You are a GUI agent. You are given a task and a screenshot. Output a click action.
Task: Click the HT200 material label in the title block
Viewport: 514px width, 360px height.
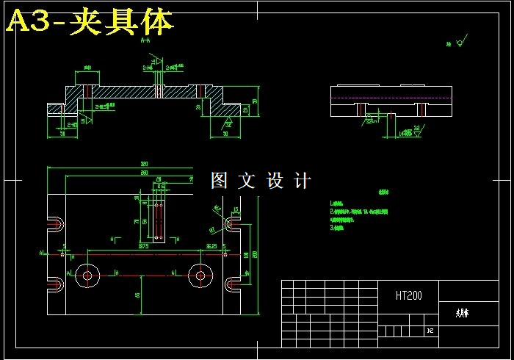coord(408,296)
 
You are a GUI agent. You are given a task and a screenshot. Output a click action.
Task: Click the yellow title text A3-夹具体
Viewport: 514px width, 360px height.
coord(90,22)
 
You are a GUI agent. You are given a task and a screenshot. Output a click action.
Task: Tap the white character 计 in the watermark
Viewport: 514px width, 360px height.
coord(303,180)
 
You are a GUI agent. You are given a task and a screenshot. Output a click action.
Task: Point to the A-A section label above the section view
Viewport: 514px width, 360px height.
coord(145,42)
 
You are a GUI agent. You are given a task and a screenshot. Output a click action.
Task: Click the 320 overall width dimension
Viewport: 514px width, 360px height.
coord(144,164)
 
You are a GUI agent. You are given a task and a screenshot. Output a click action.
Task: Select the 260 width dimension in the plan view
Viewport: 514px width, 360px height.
coord(144,173)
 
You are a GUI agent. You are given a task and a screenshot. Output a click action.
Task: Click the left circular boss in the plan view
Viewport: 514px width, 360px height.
coord(87,276)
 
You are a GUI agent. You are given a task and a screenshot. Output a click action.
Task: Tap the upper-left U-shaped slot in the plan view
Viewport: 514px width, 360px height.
coord(57,223)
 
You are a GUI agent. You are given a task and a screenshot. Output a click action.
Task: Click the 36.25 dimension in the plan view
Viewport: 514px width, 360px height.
coord(211,246)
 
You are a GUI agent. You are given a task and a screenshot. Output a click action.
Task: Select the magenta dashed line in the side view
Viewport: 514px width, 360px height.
coord(389,98)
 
